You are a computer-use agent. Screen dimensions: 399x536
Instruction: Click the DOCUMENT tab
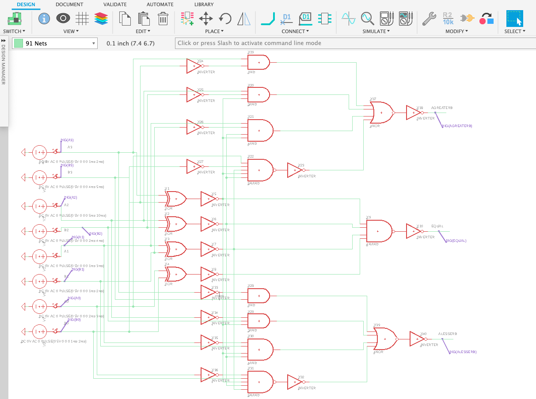coord(69,4)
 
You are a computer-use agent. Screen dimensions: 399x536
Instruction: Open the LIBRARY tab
coord(204,4)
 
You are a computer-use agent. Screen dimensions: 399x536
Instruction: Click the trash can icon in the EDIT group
coord(163,19)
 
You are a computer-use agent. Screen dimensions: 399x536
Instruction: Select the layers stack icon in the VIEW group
coord(101,19)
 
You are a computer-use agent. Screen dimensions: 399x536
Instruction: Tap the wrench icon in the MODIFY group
coord(429,19)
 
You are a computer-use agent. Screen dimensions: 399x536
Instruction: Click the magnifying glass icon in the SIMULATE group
coord(367,19)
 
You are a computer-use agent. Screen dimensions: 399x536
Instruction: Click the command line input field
coord(354,43)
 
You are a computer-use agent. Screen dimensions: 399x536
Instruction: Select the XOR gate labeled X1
coord(175,199)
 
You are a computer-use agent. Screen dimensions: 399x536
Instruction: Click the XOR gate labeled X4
coord(175,274)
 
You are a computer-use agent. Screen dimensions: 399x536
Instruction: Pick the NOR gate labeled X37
coord(382,113)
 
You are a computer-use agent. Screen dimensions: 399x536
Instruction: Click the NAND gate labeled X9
coord(379,231)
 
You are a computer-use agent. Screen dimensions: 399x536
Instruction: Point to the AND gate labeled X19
coord(258,62)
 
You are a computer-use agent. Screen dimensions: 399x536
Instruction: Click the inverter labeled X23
coord(294,170)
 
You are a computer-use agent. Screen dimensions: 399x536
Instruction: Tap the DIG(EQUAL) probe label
coord(456,241)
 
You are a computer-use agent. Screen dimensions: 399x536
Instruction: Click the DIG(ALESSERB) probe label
coord(463,352)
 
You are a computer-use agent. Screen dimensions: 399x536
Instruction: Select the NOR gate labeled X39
coord(385,339)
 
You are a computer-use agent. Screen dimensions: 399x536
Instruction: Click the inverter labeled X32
coord(294,382)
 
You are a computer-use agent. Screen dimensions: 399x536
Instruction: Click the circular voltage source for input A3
coord(39,152)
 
